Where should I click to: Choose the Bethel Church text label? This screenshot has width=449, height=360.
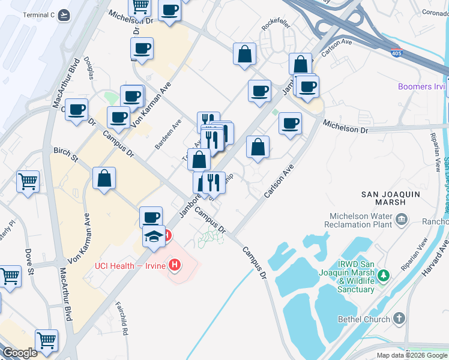(364, 319)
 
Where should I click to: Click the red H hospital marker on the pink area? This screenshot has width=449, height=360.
(175, 264)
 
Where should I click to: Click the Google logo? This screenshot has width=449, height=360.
(20, 353)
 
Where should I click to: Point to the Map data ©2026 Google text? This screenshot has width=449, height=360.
(411, 355)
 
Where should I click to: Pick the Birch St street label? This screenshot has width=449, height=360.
(66, 155)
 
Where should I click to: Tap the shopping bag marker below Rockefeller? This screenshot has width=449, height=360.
(245, 53)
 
